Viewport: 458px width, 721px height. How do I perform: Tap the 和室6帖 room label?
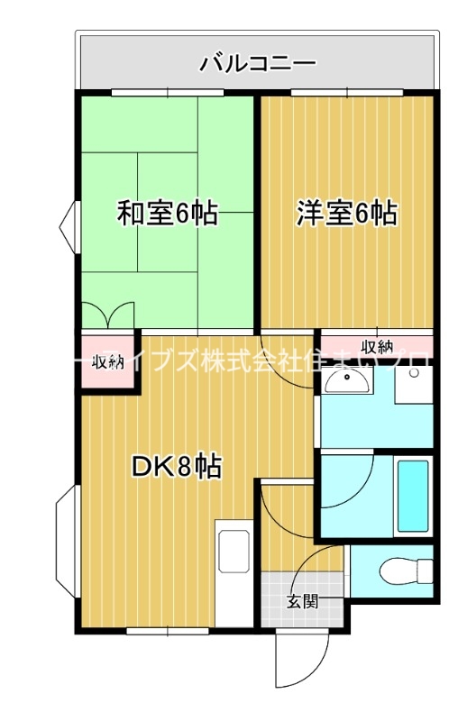167,214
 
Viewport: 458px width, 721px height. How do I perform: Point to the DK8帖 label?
178,466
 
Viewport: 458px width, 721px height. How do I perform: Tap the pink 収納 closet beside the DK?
108,362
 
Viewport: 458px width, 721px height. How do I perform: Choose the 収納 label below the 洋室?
378,346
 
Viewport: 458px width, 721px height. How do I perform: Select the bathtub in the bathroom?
413,496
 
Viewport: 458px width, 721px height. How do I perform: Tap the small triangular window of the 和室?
68,223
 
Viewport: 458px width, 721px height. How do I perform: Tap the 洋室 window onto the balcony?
347,93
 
